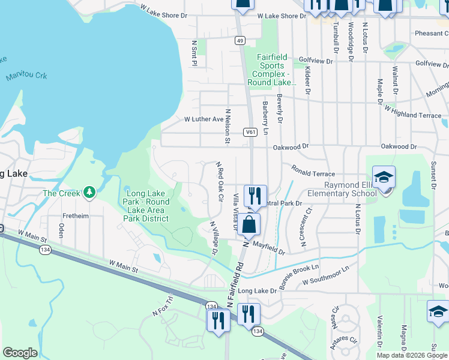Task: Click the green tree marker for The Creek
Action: [x=89, y=192]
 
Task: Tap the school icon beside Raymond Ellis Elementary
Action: [x=384, y=178]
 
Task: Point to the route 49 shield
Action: [x=240, y=40]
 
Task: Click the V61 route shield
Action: [x=250, y=131]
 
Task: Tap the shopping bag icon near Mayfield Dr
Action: [x=249, y=226]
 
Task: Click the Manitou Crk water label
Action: [x=26, y=76]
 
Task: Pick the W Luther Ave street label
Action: [x=203, y=119]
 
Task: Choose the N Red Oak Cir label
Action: [x=220, y=181]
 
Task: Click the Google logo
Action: [x=20, y=353]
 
